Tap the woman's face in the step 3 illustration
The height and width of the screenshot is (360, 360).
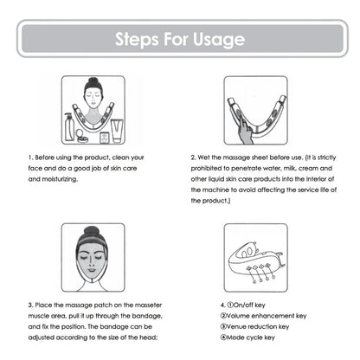(92, 256)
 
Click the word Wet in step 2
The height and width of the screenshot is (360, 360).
(209, 158)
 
